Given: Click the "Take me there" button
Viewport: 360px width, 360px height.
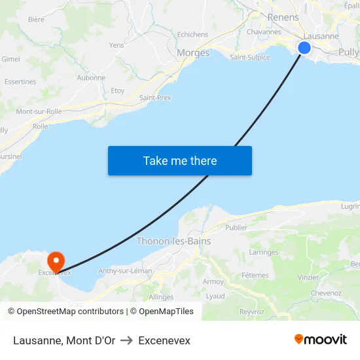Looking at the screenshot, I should [180, 160].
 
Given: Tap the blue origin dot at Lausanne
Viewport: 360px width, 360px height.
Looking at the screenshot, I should [304, 47].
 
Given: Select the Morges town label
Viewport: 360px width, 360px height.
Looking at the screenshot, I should [193, 53].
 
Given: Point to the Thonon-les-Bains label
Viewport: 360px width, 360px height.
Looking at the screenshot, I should [173, 241].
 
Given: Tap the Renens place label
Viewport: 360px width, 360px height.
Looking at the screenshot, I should [283, 18].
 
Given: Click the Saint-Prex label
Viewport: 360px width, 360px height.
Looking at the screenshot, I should [155, 98].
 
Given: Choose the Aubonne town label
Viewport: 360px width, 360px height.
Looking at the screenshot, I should [91, 77].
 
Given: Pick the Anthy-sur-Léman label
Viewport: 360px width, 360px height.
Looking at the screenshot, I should [125, 270].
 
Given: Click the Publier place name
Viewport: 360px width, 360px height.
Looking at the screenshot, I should [236, 228].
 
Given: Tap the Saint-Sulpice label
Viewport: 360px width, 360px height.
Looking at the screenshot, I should [249, 57].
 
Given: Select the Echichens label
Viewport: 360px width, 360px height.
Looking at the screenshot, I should [192, 35].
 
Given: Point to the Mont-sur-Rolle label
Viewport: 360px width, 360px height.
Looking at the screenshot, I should [39, 111].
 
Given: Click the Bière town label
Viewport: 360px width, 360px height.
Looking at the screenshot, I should [36, 20].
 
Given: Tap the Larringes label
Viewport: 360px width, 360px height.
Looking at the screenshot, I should [264, 252].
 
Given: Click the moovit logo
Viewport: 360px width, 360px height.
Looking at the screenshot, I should [321, 340].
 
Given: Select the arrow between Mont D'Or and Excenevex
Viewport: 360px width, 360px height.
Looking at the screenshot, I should [126, 340].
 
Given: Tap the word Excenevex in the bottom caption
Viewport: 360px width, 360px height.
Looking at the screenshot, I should [164, 340].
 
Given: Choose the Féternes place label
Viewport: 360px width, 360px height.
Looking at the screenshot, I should [255, 276].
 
